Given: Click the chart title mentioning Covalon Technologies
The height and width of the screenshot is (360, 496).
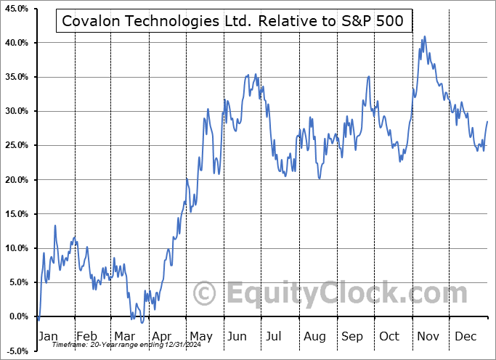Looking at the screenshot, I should pyautogui.click(x=233, y=22).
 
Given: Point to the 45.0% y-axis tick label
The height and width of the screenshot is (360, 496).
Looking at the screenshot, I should pyautogui.click(x=16, y=9).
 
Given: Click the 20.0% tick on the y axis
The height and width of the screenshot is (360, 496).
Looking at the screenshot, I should pyautogui.click(x=16, y=179).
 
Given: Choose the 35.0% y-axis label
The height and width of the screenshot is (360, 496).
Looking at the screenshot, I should pyautogui.click(x=16, y=77).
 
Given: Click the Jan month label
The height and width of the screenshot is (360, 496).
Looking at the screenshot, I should pyautogui.click(x=47, y=336).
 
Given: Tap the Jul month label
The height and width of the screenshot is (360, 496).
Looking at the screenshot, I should pyautogui.click(x=275, y=336).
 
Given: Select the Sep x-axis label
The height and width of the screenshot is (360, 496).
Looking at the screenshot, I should pyautogui.click(x=352, y=336).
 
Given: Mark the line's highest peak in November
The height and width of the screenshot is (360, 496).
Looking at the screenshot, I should pyautogui.click(x=425, y=36).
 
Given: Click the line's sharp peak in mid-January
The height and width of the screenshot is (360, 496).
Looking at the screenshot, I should pyautogui.click(x=54, y=226).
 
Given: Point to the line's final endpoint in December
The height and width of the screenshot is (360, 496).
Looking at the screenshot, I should pyautogui.click(x=487, y=121).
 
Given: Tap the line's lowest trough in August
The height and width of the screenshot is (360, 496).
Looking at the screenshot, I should pyautogui.click(x=320, y=178).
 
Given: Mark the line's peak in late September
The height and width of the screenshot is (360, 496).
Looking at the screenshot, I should pyautogui.click(x=369, y=76).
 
